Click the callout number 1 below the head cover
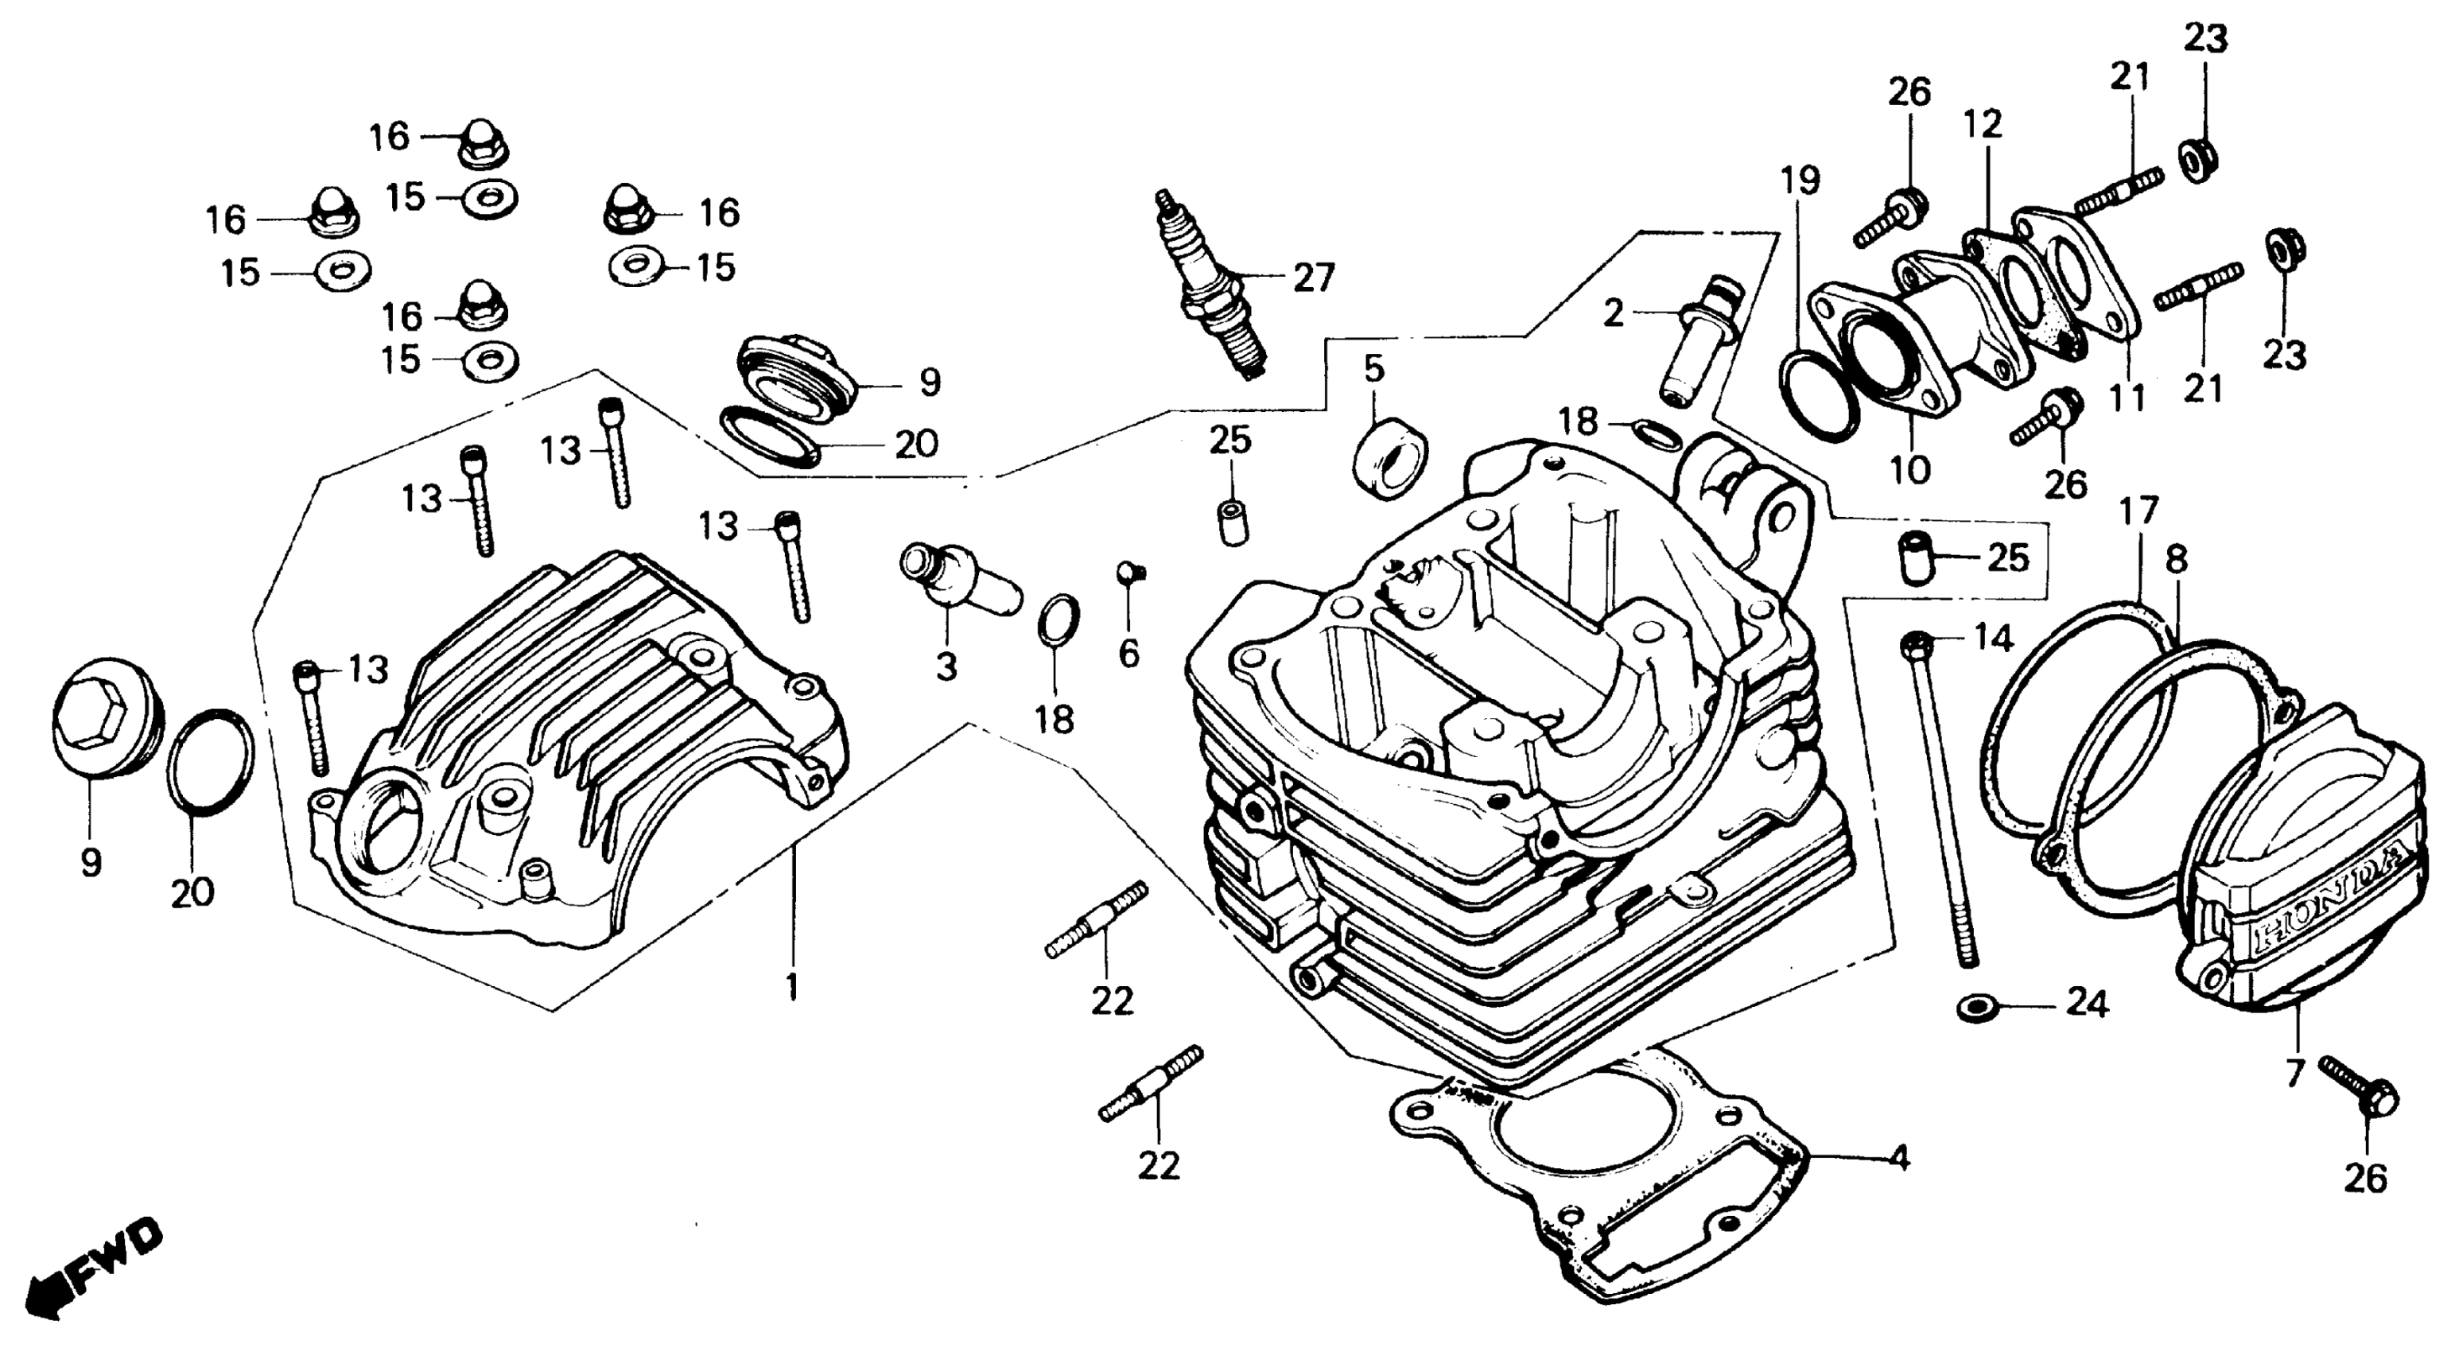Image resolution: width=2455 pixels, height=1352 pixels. tap(791, 986)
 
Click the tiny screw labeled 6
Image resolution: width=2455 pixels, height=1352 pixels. tap(1130, 573)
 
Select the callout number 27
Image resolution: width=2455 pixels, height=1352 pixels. tap(1315, 278)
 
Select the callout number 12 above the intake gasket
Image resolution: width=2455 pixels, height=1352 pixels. tap(1983, 124)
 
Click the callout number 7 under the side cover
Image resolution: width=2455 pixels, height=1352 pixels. tap(2294, 1073)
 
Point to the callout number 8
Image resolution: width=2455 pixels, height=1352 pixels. tap(2176, 560)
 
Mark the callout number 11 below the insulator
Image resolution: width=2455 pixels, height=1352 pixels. tap(2127, 398)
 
